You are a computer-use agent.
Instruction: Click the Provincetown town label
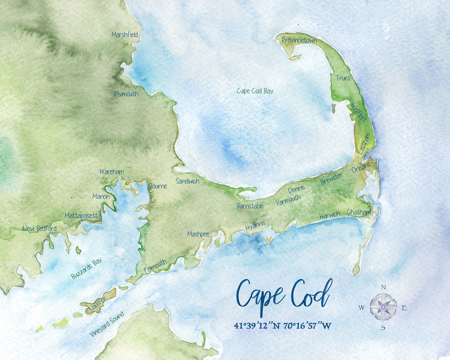coord(299,40)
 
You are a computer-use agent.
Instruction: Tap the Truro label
coord(343,78)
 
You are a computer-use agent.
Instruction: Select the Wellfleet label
coord(357,112)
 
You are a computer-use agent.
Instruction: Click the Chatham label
coord(358,212)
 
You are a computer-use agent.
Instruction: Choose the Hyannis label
coord(255,226)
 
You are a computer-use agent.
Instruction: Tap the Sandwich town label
coord(187,181)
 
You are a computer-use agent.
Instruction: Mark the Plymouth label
coord(126,94)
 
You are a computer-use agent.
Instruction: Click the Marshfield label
coord(125,35)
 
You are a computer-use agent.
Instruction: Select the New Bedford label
coord(40,228)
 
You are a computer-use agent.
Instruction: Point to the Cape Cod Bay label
coord(255,91)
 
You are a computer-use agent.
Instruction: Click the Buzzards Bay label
coord(86,269)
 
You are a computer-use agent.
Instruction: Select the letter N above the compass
coord(384,287)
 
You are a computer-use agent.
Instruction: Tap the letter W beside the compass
coord(361,308)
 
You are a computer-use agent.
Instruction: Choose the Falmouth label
coord(155,266)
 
